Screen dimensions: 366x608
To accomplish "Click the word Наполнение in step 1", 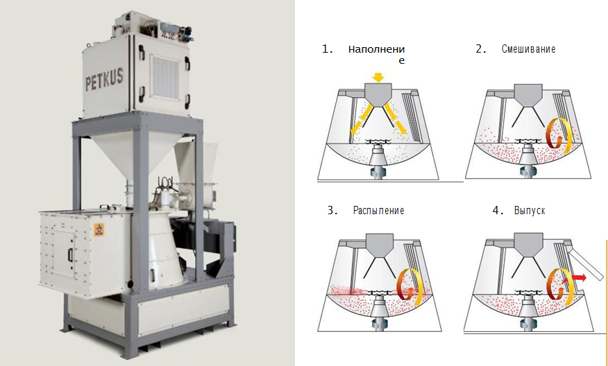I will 376,51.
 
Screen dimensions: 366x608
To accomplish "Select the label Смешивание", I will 528,50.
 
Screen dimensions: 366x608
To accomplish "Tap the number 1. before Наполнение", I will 328,50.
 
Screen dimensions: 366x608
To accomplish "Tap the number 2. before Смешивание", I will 480,50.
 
